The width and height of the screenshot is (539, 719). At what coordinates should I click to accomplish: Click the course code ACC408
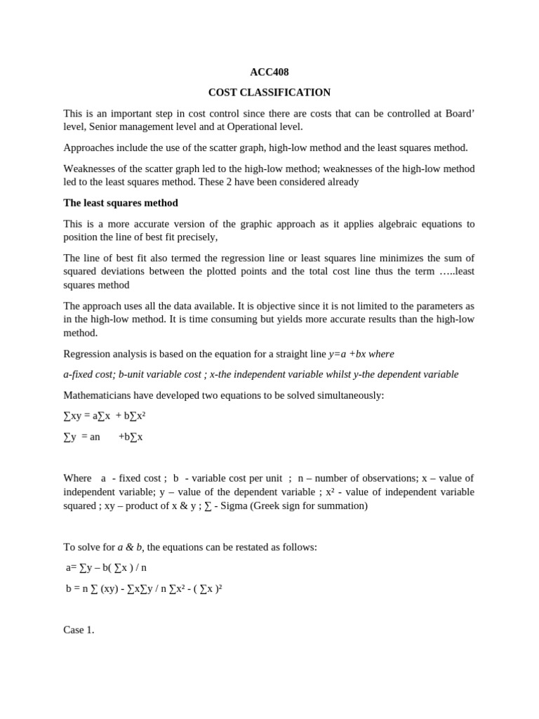(269, 72)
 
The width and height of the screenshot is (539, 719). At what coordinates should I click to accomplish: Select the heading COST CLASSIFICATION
(269, 92)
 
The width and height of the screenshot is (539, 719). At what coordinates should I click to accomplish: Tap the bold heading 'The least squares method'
(121, 203)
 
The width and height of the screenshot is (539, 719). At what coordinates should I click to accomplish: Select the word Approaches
(87, 147)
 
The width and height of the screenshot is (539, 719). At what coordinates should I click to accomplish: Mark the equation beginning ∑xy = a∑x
(105, 416)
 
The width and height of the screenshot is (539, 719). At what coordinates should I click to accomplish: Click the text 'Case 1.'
(79, 630)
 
